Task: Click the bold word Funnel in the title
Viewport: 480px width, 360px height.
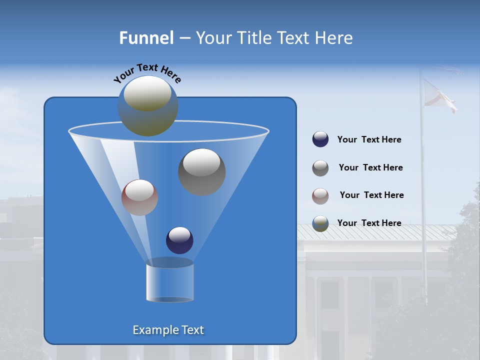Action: tap(146, 38)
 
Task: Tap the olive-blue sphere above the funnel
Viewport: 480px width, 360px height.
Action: tap(148, 106)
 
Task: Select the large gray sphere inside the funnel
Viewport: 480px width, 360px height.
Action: tap(202, 172)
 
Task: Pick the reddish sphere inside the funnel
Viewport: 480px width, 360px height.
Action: tap(140, 197)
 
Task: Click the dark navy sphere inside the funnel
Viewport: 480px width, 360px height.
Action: tap(180, 240)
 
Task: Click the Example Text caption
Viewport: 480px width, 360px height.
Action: tap(168, 330)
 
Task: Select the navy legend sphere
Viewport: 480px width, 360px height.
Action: tap(320, 139)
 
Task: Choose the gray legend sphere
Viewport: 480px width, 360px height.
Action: tap(320, 168)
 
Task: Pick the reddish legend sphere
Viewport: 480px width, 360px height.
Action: tap(320, 196)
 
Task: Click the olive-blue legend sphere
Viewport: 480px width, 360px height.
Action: tap(320, 223)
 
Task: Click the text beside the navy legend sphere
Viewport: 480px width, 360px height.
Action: tap(369, 140)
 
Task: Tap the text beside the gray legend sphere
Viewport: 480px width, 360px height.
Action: tap(370, 168)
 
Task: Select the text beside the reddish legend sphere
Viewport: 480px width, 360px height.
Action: tap(371, 195)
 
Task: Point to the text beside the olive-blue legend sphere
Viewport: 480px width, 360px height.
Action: tap(369, 223)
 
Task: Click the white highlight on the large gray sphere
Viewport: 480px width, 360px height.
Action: tap(202, 162)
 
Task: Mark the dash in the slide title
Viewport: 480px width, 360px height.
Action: tap(184, 38)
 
